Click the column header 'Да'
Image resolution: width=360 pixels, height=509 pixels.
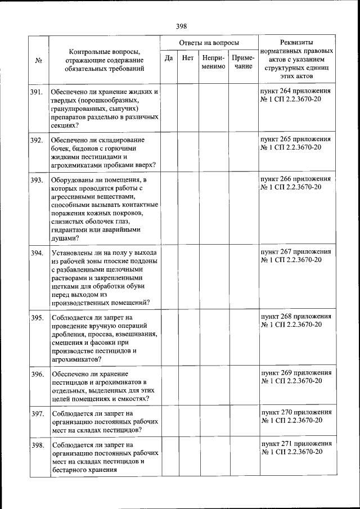(168, 57)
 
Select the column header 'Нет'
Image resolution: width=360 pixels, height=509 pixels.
(188, 57)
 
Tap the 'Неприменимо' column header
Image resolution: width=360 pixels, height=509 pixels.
(214, 62)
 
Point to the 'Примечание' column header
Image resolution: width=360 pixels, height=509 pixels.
(244, 62)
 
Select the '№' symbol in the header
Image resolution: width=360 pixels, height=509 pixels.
(39, 61)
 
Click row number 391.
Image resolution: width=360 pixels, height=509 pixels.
(38, 92)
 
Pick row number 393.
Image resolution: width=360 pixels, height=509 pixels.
(38, 180)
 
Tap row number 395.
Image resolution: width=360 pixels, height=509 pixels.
(38, 318)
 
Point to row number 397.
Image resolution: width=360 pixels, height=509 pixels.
(38, 413)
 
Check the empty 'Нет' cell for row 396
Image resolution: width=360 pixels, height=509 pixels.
(188, 385)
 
